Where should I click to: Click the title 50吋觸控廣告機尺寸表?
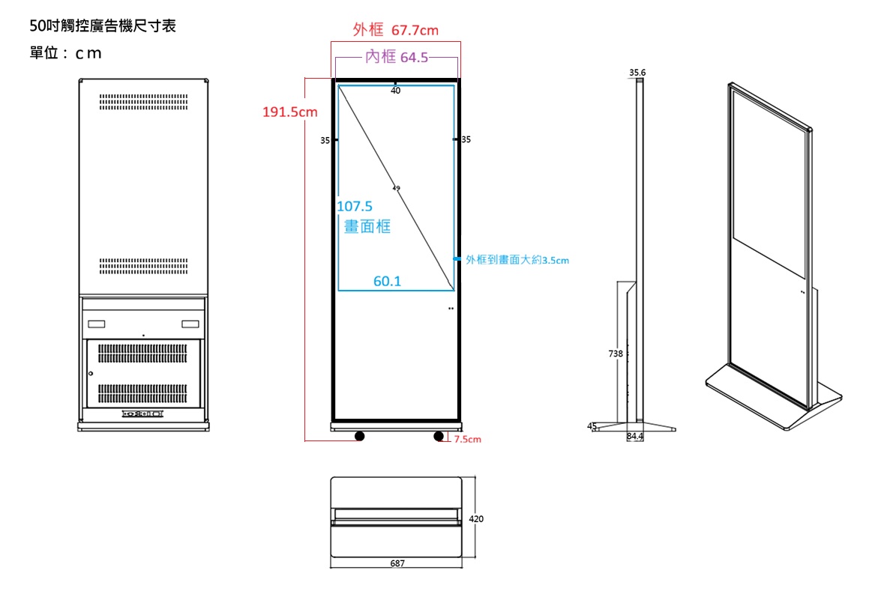pyautogui.click(x=102, y=27)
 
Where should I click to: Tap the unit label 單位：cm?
pyautogui.click(x=65, y=54)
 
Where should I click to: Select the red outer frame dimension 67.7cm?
pyautogui.click(x=396, y=30)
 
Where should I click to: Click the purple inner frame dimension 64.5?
pyautogui.click(x=397, y=57)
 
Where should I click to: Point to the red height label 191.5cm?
pyautogui.click(x=289, y=112)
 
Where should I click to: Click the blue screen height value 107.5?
pyautogui.click(x=355, y=206)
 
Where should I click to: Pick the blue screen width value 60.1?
pyautogui.click(x=388, y=282)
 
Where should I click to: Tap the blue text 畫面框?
pyautogui.click(x=367, y=226)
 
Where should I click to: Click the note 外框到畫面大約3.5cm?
pyautogui.click(x=517, y=260)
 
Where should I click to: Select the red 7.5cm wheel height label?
pyautogui.click(x=467, y=440)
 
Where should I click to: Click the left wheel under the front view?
pyautogui.click(x=360, y=436)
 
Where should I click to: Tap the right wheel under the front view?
pyautogui.click(x=439, y=436)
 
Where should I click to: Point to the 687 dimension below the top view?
pyautogui.click(x=397, y=563)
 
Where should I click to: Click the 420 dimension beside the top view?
pyautogui.click(x=476, y=518)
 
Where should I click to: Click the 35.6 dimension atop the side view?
pyautogui.click(x=637, y=73)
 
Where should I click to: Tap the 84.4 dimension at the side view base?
pyautogui.click(x=635, y=436)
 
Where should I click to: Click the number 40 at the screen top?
pyautogui.click(x=396, y=91)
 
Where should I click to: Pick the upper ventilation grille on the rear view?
pyautogui.click(x=143, y=102)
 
